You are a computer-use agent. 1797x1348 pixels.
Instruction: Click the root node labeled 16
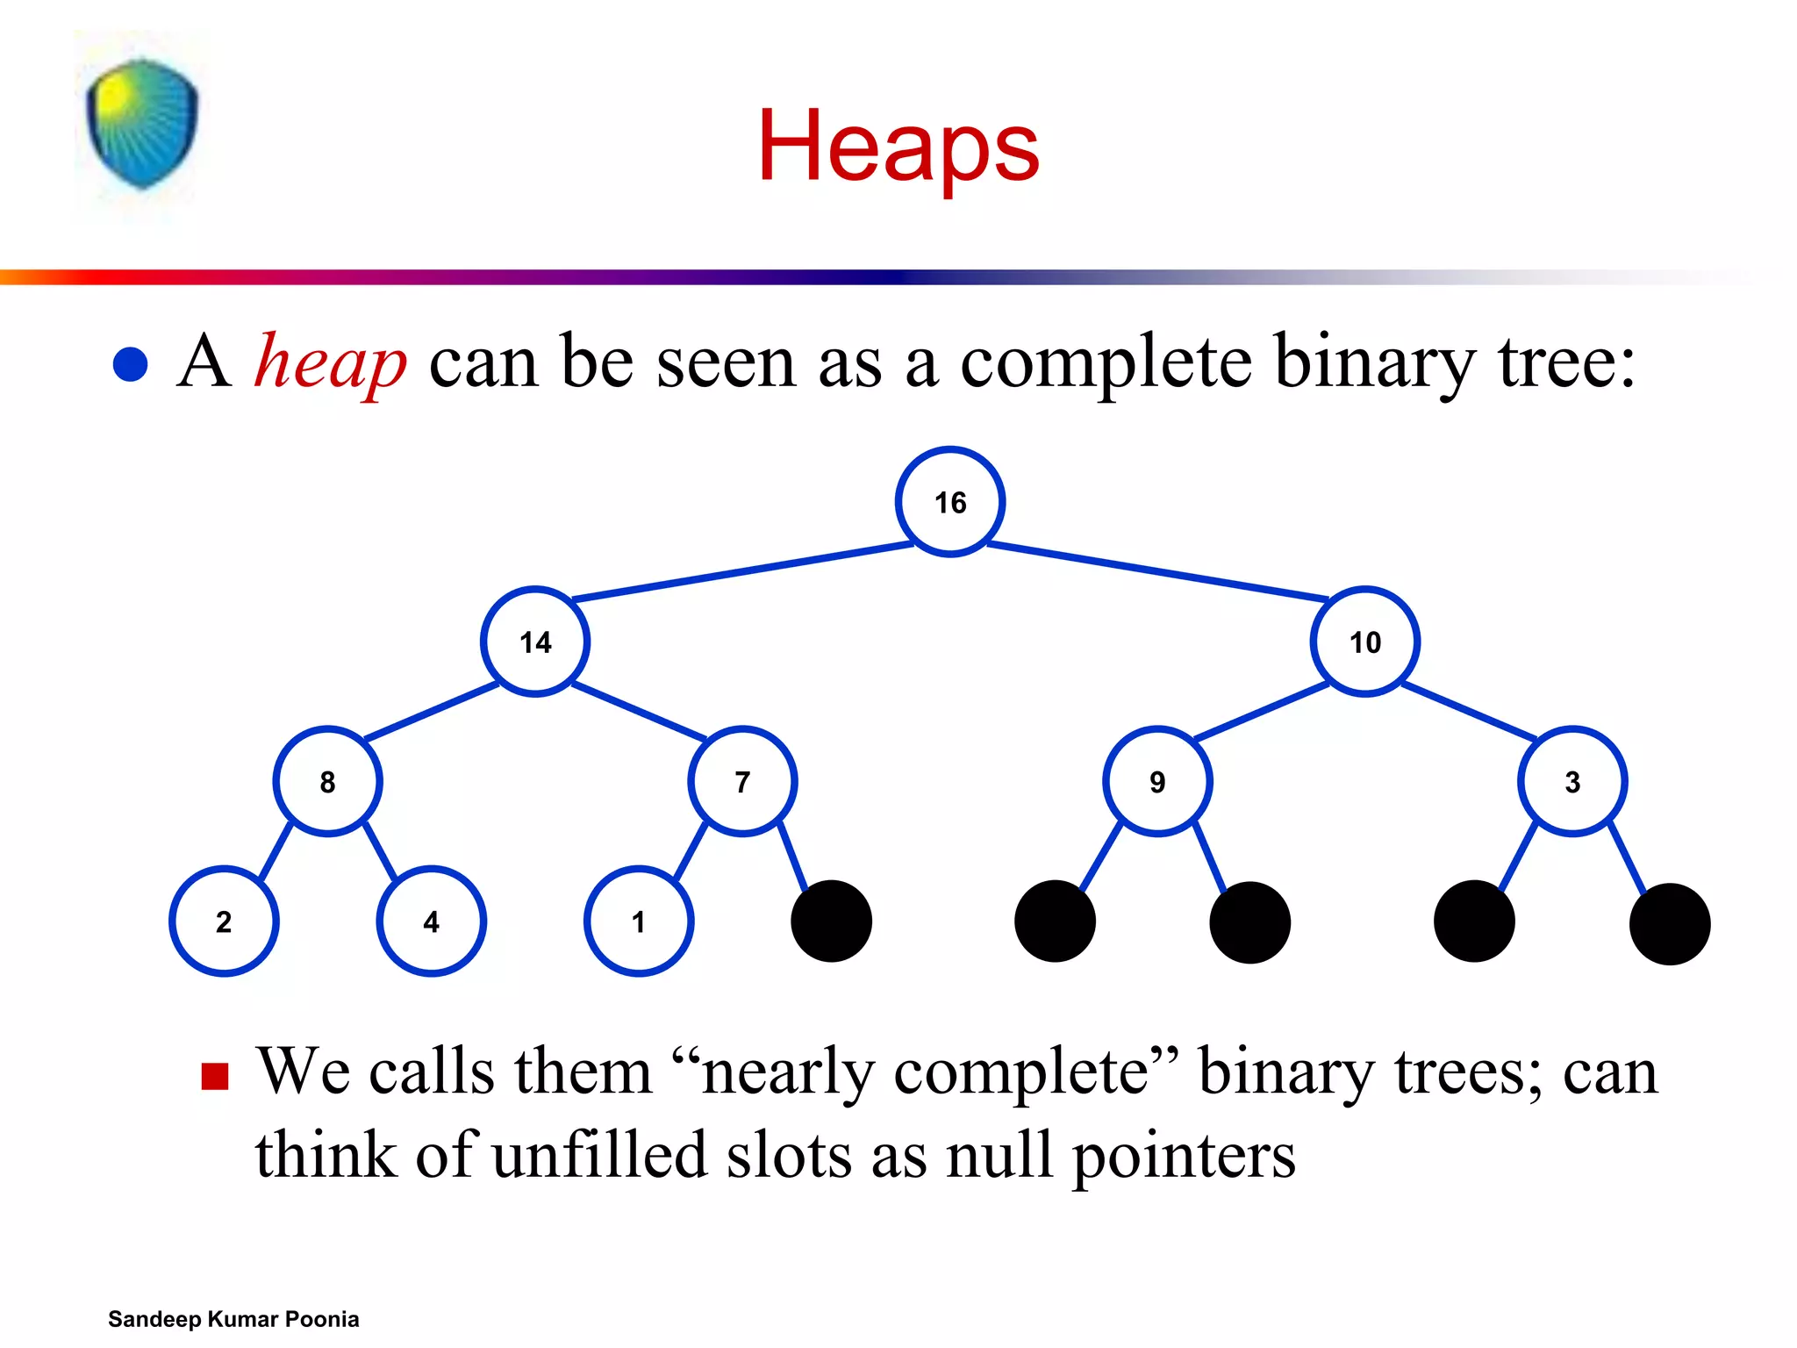[950, 502]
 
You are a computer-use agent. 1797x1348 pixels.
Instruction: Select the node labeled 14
[535, 642]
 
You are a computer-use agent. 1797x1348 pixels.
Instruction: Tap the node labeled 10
[1365, 642]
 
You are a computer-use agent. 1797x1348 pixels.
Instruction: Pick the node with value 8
[327, 781]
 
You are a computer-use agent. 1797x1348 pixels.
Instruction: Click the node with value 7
[742, 781]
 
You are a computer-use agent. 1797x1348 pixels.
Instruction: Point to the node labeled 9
[1157, 781]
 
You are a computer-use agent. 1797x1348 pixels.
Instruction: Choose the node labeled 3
[1572, 781]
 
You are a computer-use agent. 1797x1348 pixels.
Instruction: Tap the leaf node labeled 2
[224, 921]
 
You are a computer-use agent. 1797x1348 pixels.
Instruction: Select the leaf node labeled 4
[431, 921]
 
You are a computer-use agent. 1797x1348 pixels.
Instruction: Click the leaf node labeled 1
[639, 921]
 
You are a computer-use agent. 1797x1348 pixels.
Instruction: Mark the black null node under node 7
[831, 921]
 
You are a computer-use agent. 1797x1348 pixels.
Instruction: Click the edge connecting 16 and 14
[742, 572]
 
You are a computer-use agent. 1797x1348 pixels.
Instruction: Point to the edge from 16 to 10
[1158, 572]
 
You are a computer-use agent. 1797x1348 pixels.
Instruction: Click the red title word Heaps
[898, 147]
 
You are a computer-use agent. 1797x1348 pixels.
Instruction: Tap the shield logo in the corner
[142, 123]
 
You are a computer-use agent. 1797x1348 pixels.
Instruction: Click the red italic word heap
[330, 362]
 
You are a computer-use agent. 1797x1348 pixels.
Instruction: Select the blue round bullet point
[131, 364]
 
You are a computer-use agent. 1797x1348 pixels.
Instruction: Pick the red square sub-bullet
[215, 1076]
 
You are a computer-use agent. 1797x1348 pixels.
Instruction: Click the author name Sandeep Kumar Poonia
[233, 1319]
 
